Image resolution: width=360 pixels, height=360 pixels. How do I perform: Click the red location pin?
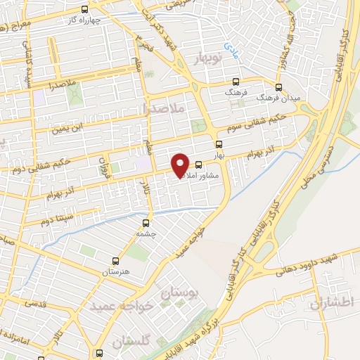(x=181, y=165)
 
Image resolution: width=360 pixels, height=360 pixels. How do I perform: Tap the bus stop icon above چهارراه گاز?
(x=84, y=9)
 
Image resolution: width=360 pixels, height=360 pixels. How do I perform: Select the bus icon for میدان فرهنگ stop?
(x=279, y=87)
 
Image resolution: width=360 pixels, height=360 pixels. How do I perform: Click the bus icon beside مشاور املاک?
(x=199, y=165)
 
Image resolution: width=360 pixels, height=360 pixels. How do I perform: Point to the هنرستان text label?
(x=117, y=271)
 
